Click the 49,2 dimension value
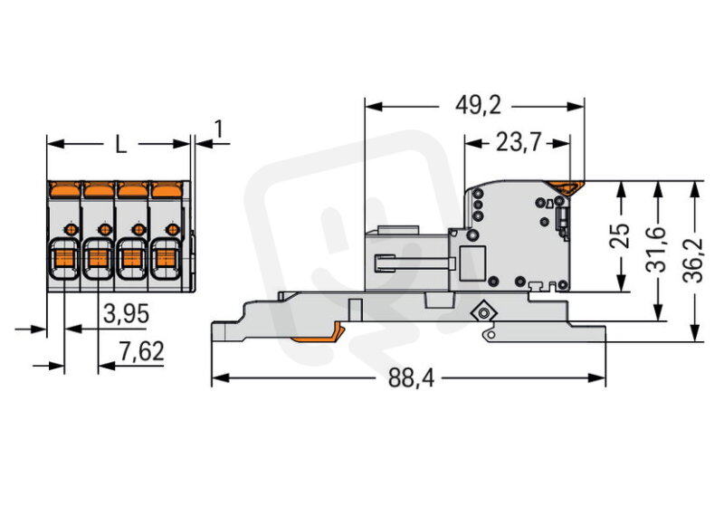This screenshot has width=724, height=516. (478, 106)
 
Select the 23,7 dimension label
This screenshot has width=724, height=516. (518, 142)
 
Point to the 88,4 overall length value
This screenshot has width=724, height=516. (412, 377)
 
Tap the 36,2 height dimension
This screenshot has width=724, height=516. (693, 261)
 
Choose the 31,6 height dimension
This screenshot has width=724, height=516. (656, 250)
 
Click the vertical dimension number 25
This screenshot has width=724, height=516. (620, 235)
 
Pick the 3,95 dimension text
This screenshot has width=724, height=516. (127, 314)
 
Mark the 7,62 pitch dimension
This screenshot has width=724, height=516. (141, 351)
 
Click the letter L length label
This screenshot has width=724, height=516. (120, 145)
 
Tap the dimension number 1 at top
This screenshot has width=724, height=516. (219, 129)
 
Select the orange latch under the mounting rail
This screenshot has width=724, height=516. (318, 334)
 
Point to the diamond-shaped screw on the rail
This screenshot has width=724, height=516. (483, 313)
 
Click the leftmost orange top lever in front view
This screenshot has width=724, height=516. (64, 189)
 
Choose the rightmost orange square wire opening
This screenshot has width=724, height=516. (166, 258)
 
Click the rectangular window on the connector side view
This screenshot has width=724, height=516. (472, 263)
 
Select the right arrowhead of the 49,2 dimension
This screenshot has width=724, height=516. (576, 107)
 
